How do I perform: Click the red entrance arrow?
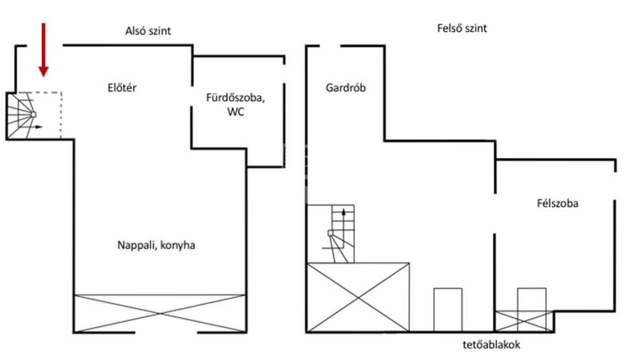coord(44,50)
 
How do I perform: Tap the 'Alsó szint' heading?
coord(148,31)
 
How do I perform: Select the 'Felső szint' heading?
coord(462,28)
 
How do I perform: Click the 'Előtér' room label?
coord(122,87)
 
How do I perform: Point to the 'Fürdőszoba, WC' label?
coord(236,105)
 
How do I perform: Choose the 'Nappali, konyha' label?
coord(156,245)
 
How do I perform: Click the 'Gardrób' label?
coord(346,87)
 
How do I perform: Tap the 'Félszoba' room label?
coord(557,203)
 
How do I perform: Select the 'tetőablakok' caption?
coord(492,345)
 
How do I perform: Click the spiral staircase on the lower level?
coord(24,116)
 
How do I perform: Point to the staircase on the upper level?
coord(338,234)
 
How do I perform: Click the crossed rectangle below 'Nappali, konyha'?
coord(161,313)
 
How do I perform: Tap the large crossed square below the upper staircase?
coord(359,297)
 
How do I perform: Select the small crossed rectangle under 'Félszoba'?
coord(524,321)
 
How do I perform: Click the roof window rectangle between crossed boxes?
coord(448,310)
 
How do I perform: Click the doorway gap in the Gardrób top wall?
coord(330,46)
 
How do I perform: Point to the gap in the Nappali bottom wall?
coord(166,332)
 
